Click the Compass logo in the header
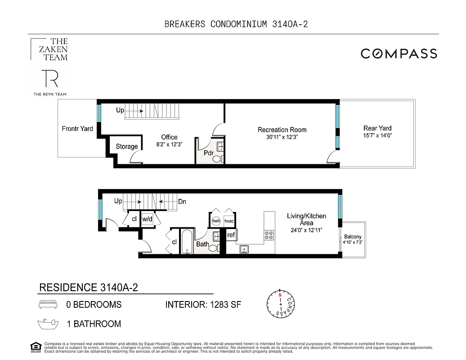(399, 54)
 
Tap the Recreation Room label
(282, 130)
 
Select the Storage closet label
(126, 146)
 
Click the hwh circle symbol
(216, 221)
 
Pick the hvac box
(229, 221)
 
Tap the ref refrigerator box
(231, 235)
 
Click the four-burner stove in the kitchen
(269, 235)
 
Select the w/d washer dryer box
(147, 219)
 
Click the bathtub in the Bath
(187, 242)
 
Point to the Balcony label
(353, 237)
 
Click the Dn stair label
(182, 202)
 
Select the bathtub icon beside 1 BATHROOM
(49, 323)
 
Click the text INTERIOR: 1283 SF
(203, 305)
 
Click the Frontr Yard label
(77, 129)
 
